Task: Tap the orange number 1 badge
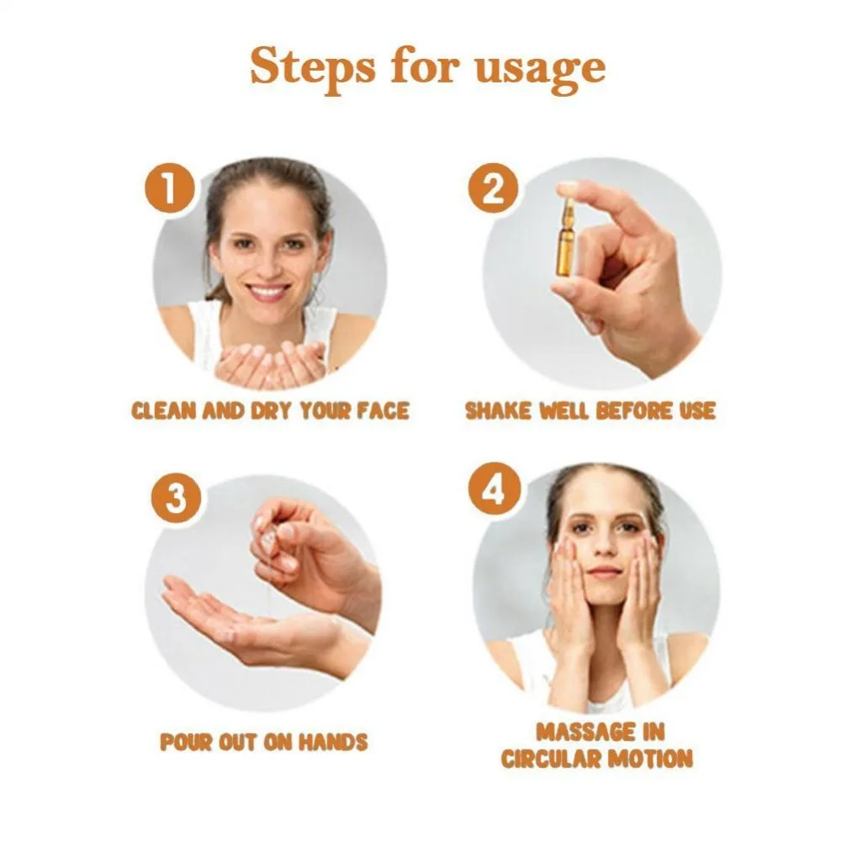point(170,188)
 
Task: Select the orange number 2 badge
point(494,188)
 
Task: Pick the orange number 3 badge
point(176,498)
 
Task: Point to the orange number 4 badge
point(494,489)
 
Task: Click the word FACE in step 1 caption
point(383,411)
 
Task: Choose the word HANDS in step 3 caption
point(333,743)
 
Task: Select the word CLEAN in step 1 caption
point(164,411)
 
